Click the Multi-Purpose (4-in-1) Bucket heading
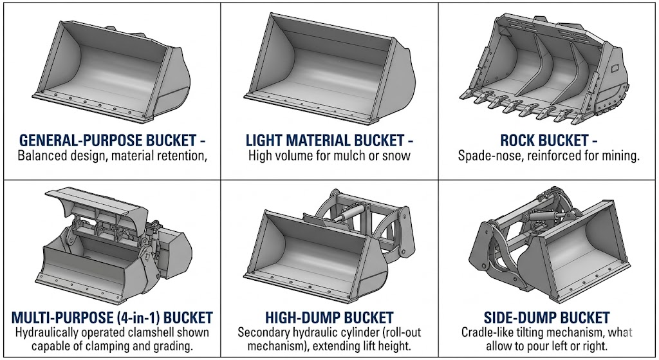(112, 317)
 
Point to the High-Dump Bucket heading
(329, 317)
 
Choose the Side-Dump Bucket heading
(547, 317)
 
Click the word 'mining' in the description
(619, 156)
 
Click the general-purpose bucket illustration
(112, 72)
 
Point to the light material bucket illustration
(329, 70)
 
